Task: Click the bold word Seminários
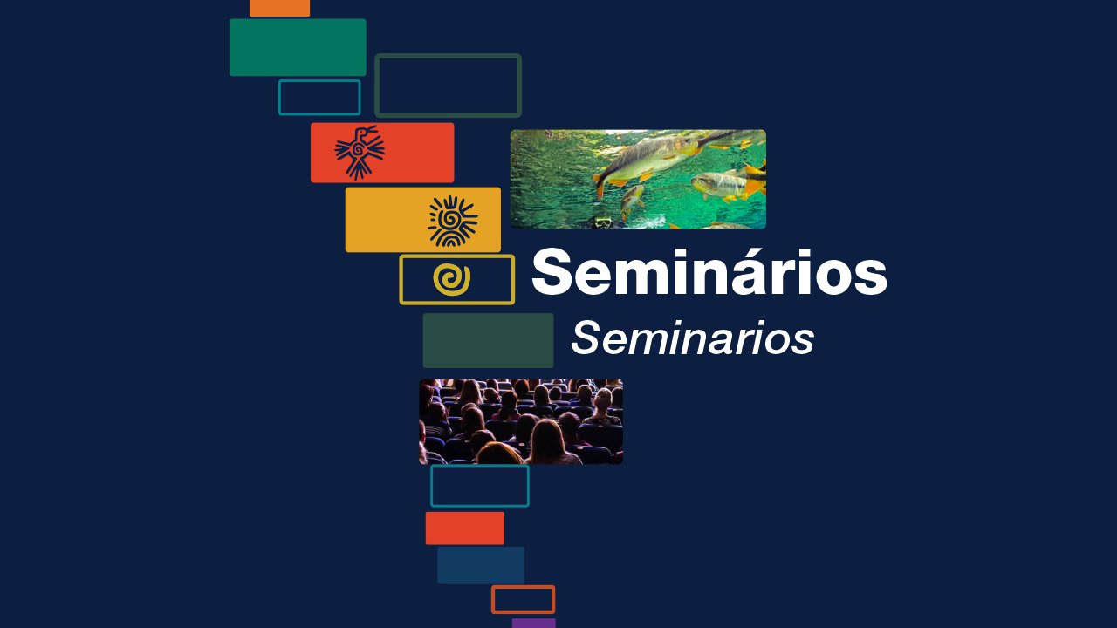click(709, 274)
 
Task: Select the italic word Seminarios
click(692, 338)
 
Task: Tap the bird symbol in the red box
click(360, 153)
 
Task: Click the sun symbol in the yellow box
click(452, 221)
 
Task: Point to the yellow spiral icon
click(451, 279)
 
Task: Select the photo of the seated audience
click(521, 421)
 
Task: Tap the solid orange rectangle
click(279, 7)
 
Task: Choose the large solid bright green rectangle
click(298, 47)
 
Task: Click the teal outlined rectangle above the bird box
click(319, 98)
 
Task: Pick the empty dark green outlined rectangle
click(448, 85)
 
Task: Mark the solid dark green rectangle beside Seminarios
click(488, 340)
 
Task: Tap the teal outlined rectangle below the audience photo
click(479, 486)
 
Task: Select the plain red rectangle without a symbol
click(464, 529)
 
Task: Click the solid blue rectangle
click(480, 565)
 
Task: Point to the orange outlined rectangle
click(523, 599)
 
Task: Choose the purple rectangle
click(533, 623)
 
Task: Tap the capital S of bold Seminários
click(552, 274)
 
